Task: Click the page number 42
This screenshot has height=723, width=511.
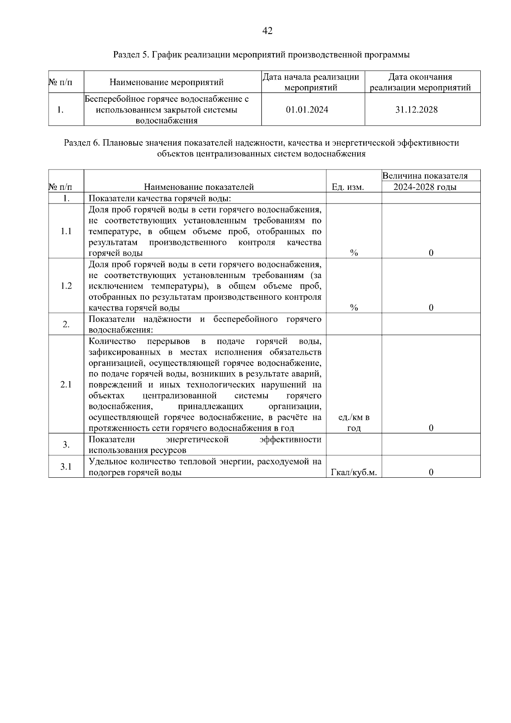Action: [267, 31]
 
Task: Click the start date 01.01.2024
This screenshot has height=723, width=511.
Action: [307, 110]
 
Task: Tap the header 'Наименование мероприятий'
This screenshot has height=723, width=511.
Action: [167, 82]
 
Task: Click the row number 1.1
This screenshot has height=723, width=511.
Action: [66, 231]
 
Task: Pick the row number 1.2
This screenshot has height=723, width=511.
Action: [66, 286]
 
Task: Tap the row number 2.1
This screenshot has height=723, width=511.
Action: [66, 384]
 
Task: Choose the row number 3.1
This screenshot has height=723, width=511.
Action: [66, 467]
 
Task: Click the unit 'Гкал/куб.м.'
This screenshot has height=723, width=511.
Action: [354, 472]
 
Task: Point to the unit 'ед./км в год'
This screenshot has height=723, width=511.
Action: [354, 423]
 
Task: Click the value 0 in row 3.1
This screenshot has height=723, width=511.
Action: [431, 472]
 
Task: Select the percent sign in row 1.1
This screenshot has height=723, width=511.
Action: [354, 253]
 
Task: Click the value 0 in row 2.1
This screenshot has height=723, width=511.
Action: [431, 428]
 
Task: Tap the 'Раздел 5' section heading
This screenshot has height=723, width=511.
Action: [261, 55]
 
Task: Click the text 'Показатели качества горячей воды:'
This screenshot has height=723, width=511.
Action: [160, 198]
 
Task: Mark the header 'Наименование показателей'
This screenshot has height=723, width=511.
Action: [199, 187]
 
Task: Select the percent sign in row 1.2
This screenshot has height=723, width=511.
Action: [354, 308]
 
